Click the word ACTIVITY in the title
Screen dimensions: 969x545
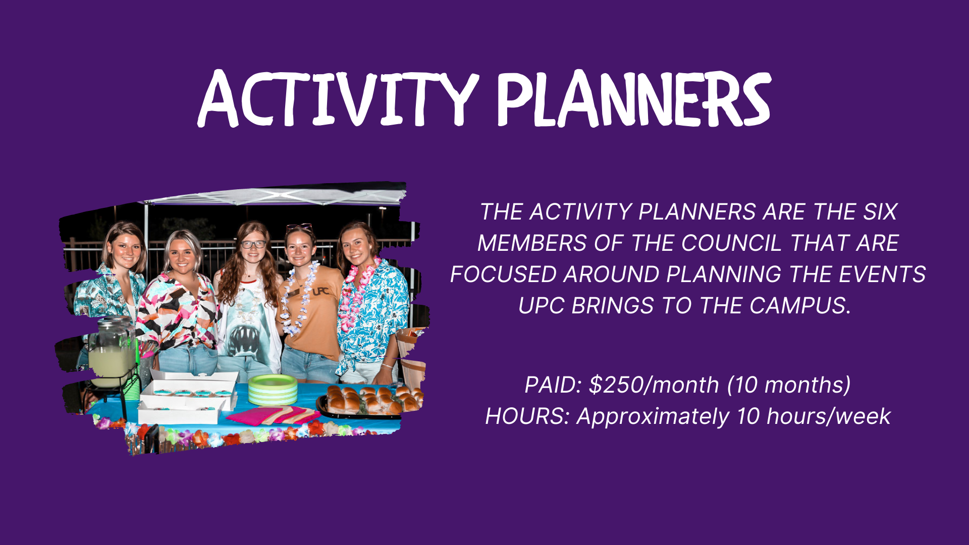click(338, 99)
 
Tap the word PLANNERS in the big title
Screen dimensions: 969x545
click(634, 99)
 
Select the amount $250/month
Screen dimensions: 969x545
click(654, 385)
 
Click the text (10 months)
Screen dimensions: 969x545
click(789, 385)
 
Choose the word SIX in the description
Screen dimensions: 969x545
click(880, 212)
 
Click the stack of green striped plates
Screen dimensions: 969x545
click(273, 390)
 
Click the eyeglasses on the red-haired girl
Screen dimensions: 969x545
click(253, 244)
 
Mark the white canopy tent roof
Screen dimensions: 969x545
click(275, 194)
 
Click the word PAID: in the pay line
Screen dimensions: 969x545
click(553, 385)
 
